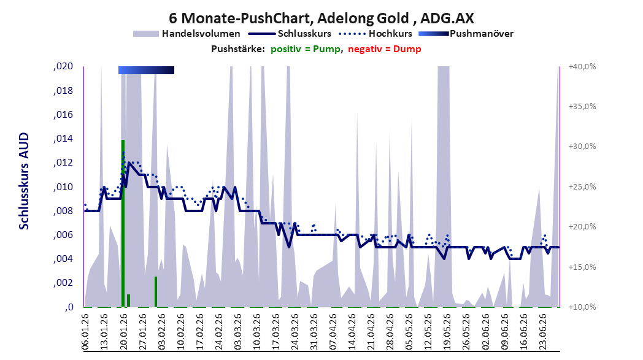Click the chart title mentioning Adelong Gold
click(321, 18)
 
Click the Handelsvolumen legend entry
click(187, 34)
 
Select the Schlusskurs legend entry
click(290, 34)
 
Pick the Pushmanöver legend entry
click(466, 34)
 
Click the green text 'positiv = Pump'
click(306, 49)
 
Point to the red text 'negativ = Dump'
click(385, 49)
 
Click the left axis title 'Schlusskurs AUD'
click(24, 181)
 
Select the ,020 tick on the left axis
click(64, 66)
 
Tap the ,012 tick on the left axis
click(64, 163)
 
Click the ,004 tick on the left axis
click(64, 259)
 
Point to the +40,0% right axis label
click(582, 66)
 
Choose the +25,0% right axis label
click(582, 186)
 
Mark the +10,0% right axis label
click(582, 307)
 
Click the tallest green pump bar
click(123, 223)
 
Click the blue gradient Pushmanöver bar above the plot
click(147, 70)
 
